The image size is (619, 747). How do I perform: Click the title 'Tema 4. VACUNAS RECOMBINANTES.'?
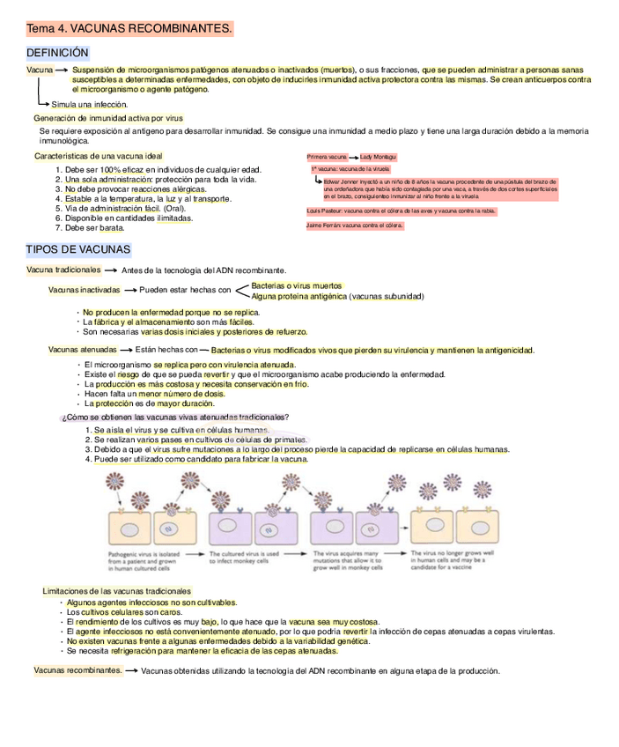(129, 29)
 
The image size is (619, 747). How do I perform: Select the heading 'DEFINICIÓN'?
(58, 53)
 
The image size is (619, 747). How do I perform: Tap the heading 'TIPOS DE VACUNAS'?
(78, 249)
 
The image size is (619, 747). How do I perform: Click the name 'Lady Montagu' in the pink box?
(378, 157)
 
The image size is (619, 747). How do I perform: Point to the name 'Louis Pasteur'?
(324, 211)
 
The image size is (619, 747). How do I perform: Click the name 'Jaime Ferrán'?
(323, 226)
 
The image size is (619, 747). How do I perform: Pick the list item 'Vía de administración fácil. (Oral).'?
(125, 208)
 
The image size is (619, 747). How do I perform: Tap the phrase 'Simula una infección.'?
(89, 104)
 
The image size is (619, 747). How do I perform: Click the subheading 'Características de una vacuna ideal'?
(99, 156)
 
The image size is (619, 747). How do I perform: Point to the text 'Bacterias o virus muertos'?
(297, 285)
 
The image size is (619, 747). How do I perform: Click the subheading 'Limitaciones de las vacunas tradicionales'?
(116, 590)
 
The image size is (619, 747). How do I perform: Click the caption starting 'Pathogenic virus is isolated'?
(151, 560)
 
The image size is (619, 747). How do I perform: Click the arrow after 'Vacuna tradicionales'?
(112, 270)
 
